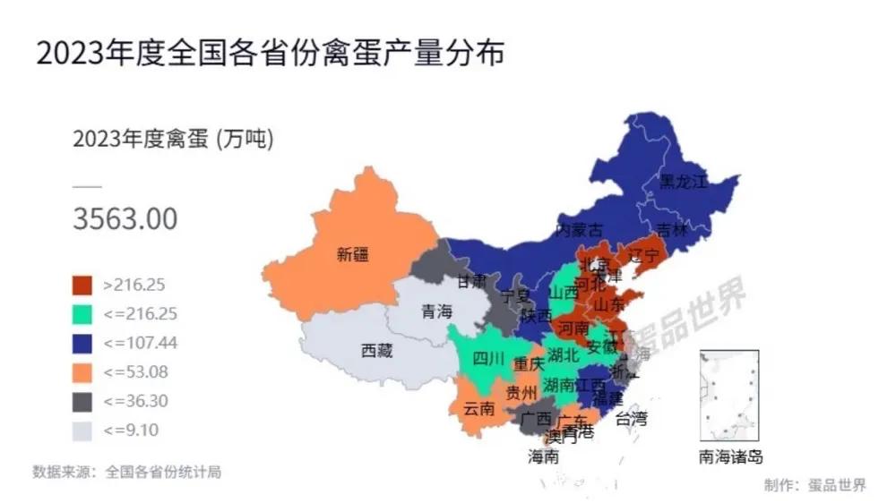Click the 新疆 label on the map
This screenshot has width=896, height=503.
click(x=352, y=254)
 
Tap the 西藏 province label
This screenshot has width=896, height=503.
click(x=376, y=351)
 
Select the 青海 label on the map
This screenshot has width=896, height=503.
click(x=437, y=312)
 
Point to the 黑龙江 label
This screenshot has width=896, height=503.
click(x=683, y=182)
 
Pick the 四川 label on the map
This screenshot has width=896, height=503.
click(x=488, y=360)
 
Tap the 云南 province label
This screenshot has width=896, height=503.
click(x=478, y=409)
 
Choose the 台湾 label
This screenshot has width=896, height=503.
click(x=631, y=417)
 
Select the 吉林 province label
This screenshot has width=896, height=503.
click(x=671, y=230)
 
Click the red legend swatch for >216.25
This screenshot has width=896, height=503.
click(x=82, y=285)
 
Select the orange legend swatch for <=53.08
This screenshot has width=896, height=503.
click(x=82, y=371)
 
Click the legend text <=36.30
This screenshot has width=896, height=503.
click(x=135, y=401)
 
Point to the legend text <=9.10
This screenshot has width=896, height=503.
click(x=131, y=430)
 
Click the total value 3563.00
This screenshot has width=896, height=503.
click(x=125, y=218)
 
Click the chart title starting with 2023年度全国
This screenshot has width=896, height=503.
click(x=270, y=53)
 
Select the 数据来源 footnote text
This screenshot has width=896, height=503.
click(x=125, y=472)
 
